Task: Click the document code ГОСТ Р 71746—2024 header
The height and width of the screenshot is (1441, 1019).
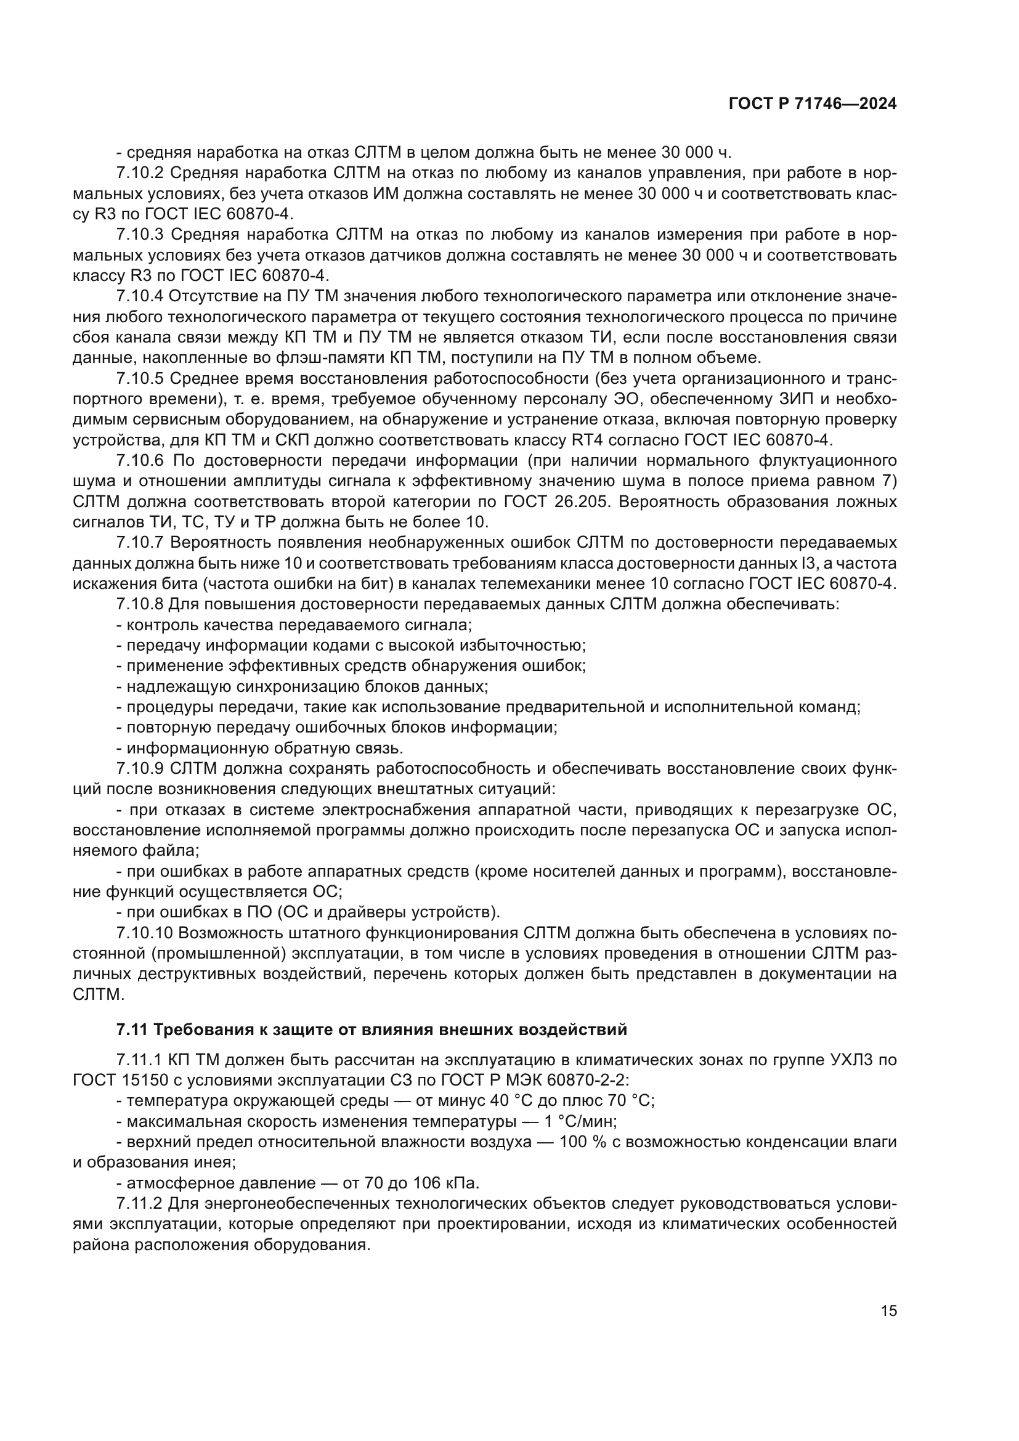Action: pyautogui.click(x=812, y=104)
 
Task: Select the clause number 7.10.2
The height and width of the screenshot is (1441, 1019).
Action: pyautogui.click(x=140, y=173)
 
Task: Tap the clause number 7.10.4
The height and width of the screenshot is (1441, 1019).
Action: pyautogui.click(x=140, y=296)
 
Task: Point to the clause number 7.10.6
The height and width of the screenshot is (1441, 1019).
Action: pyautogui.click(x=140, y=461)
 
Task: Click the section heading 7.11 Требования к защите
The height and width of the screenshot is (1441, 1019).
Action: pyautogui.click(x=371, y=1030)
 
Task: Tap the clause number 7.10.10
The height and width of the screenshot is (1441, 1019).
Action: pyautogui.click(x=145, y=933)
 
